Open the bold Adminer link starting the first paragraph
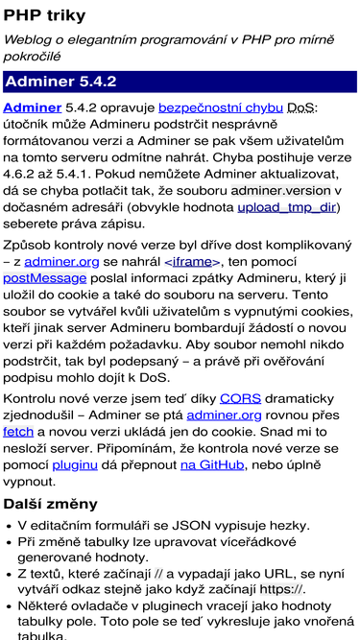[33, 108]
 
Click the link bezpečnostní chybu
[220, 108]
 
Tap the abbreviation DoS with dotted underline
[301, 108]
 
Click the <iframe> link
[193, 261]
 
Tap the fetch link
[18, 432]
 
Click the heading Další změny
[50, 504]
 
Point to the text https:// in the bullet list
[282, 589]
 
